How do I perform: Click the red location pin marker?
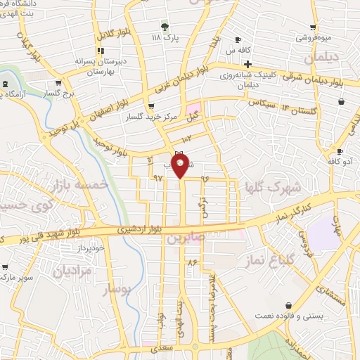pyautogui.click(x=181, y=166)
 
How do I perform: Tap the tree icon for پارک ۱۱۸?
pyautogui.click(x=165, y=27)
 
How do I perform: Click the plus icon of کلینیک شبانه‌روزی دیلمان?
pyautogui.click(x=248, y=64)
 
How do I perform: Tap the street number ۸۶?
pyautogui.click(x=191, y=262)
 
